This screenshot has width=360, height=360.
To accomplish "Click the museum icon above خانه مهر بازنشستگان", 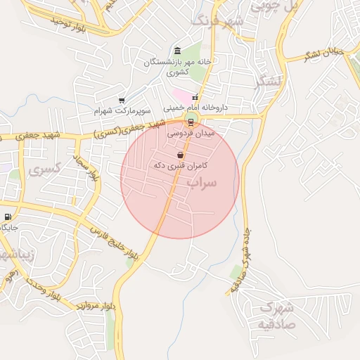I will [x=176, y=51].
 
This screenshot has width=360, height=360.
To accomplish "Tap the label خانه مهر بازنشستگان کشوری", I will [x=178, y=67].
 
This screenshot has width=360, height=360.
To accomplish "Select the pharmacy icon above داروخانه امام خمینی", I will [x=195, y=98].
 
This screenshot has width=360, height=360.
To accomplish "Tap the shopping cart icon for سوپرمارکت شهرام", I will [x=122, y=101].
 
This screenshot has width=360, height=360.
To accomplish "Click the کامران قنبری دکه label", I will [x=180, y=165].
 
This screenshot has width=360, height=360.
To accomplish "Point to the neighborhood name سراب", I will [x=204, y=182].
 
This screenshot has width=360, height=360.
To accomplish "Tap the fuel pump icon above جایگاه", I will [x=8, y=217].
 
